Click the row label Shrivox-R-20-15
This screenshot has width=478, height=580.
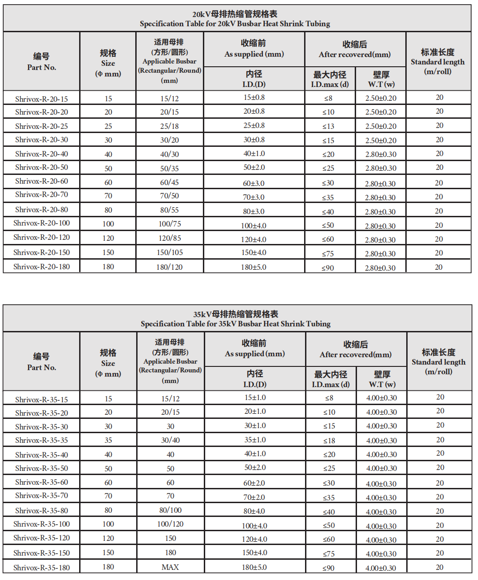(x=41, y=99)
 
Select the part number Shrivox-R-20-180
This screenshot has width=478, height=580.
(x=41, y=267)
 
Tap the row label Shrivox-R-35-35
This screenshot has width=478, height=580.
(x=41, y=441)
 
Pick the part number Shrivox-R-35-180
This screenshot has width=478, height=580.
(x=41, y=568)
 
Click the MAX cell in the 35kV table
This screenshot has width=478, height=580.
(x=170, y=567)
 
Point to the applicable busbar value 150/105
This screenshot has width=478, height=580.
(x=170, y=252)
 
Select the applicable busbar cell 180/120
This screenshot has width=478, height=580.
(x=170, y=267)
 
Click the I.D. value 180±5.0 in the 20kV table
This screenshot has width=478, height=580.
(x=253, y=267)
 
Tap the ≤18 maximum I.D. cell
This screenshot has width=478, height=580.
(x=329, y=441)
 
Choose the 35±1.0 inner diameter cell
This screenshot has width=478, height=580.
(x=255, y=440)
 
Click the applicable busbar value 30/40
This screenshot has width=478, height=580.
(x=170, y=440)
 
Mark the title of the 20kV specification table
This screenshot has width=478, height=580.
(x=235, y=19)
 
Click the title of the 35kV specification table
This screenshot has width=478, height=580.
(x=236, y=319)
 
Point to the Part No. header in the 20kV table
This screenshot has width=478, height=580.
(x=41, y=62)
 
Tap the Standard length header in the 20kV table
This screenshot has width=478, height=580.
(x=438, y=62)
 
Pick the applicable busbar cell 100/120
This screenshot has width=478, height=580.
(x=170, y=524)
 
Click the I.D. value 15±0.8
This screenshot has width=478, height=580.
(x=254, y=98)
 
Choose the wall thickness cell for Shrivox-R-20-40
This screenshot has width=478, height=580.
(x=381, y=154)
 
